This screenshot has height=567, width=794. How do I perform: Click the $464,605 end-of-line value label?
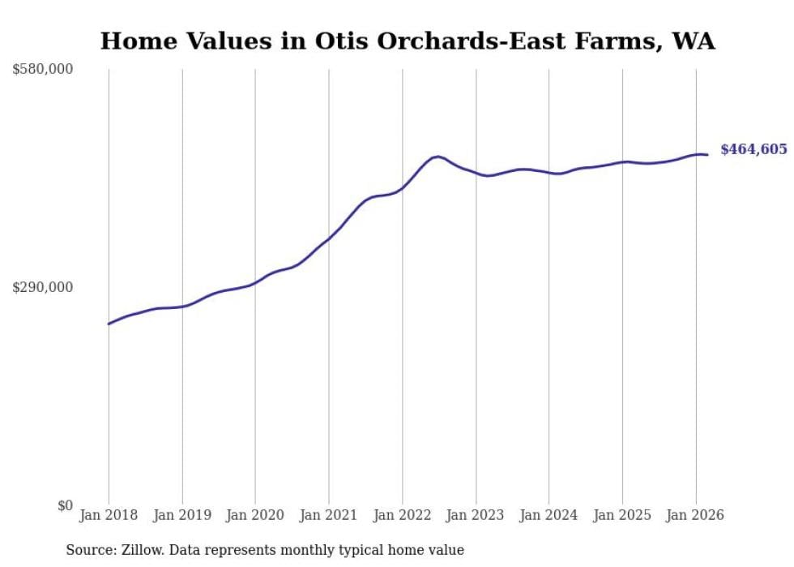click(x=753, y=149)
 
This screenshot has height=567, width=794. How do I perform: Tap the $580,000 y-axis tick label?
click(x=43, y=70)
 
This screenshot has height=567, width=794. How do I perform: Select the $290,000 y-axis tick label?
click(x=43, y=287)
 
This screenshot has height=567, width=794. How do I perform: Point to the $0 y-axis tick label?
click(x=65, y=505)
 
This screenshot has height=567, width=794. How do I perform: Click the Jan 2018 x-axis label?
click(x=109, y=515)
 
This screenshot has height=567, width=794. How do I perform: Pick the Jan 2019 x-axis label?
click(x=182, y=515)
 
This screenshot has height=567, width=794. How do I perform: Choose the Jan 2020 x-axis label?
click(x=255, y=515)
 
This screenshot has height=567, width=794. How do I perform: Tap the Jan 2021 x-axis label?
click(x=329, y=515)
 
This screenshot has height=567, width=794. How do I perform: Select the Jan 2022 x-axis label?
click(x=402, y=515)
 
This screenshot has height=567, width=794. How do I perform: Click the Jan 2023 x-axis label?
click(x=476, y=515)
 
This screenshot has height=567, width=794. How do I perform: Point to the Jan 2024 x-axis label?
click(x=549, y=515)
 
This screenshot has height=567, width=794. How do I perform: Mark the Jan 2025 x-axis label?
click(x=622, y=515)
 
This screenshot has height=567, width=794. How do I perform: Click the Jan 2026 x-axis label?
click(x=695, y=515)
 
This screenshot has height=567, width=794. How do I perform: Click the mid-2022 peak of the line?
click(x=438, y=157)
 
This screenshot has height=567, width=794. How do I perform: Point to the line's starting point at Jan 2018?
click(x=109, y=324)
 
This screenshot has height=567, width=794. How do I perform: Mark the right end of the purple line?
click(x=708, y=155)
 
